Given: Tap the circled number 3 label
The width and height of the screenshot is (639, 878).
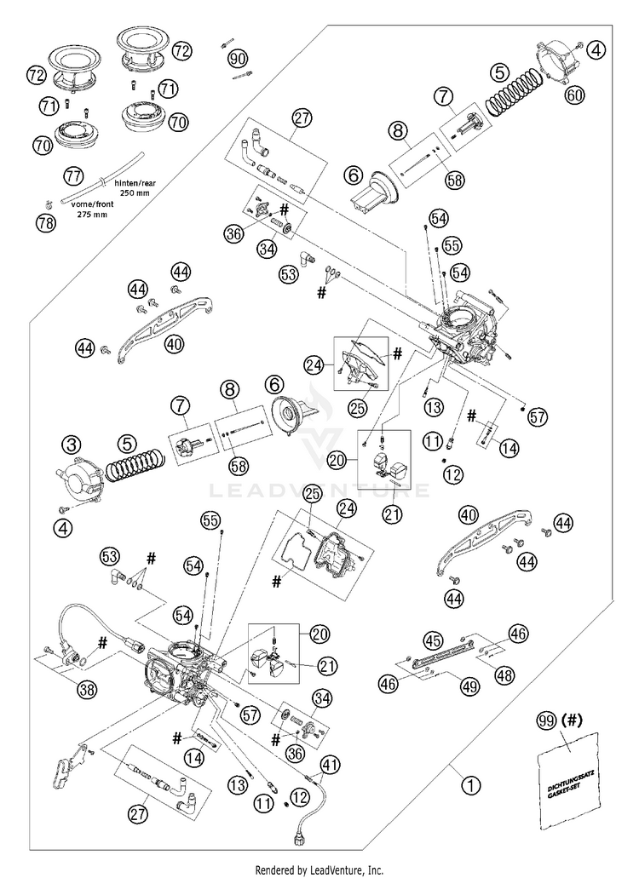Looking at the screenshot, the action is (72, 445).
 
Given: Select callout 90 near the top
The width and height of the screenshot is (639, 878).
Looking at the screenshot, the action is (238, 58).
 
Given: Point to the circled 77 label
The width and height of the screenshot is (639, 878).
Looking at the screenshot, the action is (72, 175).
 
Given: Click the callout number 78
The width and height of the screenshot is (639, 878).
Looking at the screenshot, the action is (47, 223).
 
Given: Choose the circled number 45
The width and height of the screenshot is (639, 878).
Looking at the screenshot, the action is (433, 640).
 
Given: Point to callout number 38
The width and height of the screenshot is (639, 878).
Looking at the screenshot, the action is (87, 691).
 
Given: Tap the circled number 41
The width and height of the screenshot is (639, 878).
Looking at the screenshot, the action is (331, 764).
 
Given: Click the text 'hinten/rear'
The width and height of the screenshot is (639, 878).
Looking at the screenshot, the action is (136, 183).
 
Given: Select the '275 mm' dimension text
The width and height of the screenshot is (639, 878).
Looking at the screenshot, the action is (93, 214).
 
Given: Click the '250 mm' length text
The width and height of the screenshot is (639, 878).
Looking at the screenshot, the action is (135, 193).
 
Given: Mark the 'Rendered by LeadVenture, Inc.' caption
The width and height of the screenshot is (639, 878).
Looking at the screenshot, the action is (319, 869).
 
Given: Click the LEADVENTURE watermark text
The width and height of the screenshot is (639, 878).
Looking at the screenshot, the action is (319, 491).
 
